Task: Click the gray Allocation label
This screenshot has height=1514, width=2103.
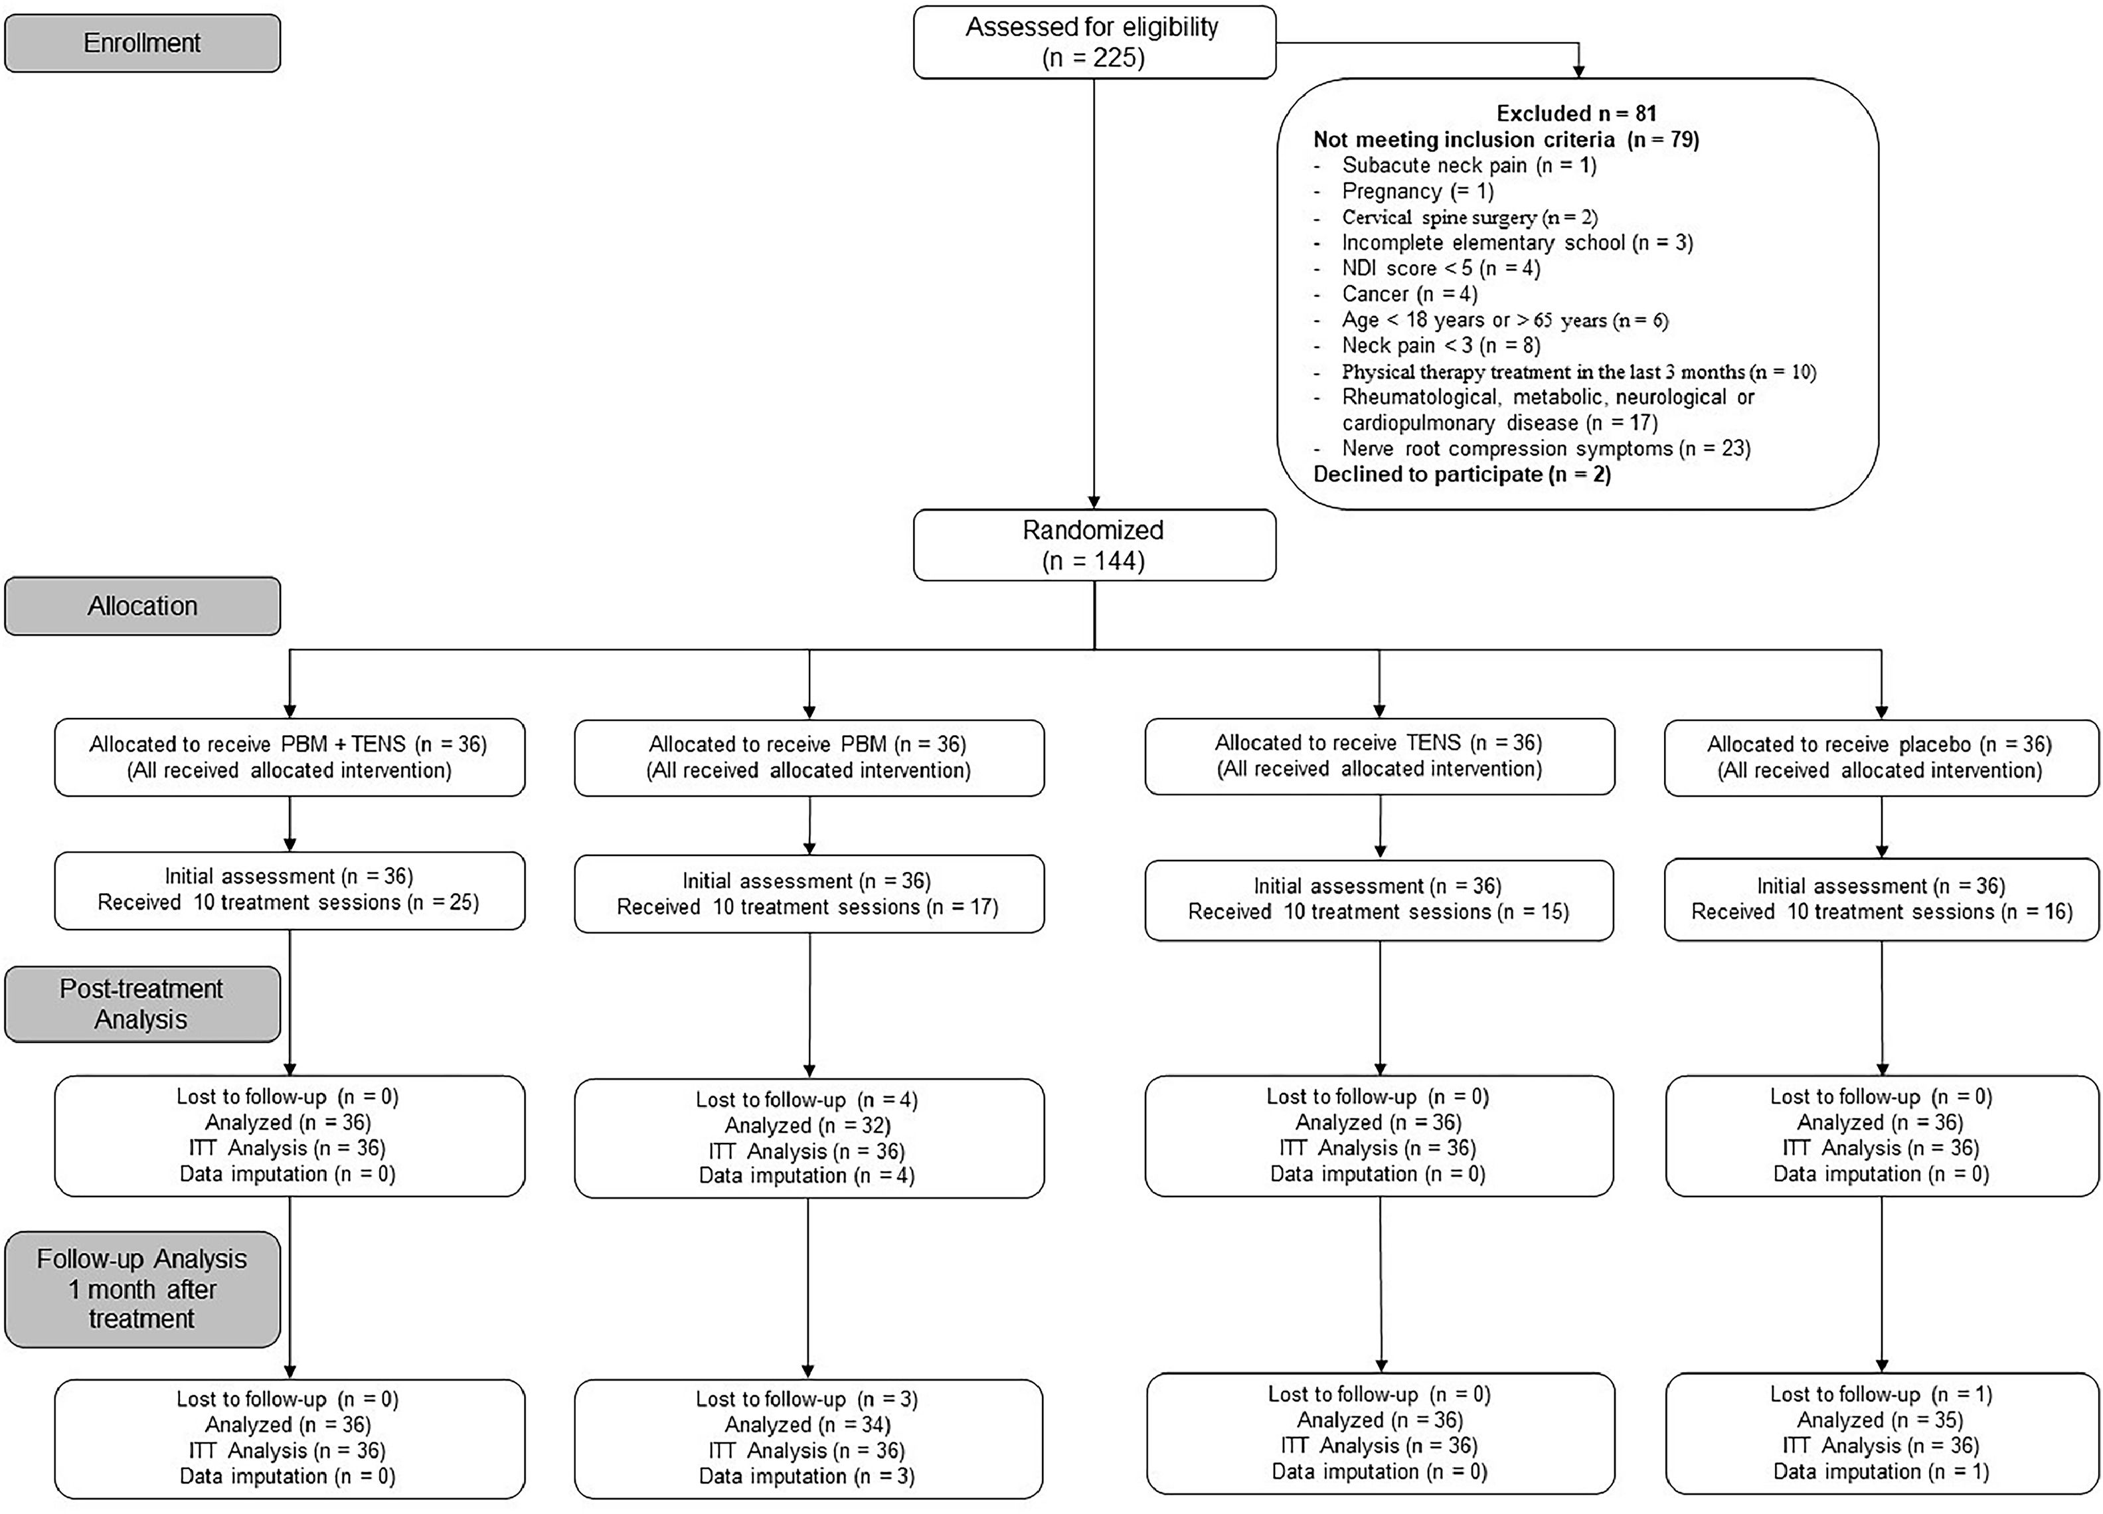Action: coord(142,606)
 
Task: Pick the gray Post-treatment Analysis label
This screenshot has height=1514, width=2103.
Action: coord(142,1004)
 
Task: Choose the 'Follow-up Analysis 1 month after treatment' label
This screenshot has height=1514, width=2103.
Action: coord(142,1289)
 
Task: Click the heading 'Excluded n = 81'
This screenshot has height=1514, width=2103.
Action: coord(1576,113)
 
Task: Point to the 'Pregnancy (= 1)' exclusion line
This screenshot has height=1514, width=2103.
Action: coord(1418,191)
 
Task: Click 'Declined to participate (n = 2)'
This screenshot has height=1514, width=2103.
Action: coord(1462,475)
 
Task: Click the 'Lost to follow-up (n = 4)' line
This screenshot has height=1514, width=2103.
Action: coord(807,1100)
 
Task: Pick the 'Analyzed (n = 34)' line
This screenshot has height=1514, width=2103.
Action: coord(807,1424)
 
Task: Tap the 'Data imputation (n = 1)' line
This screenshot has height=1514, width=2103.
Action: coord(1881,1472)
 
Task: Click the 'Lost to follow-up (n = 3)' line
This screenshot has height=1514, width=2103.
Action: coord(807,1399)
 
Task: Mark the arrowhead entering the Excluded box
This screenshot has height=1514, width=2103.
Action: coord(1578,72)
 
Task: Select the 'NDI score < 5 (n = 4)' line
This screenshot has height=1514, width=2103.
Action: coord(1441,269)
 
